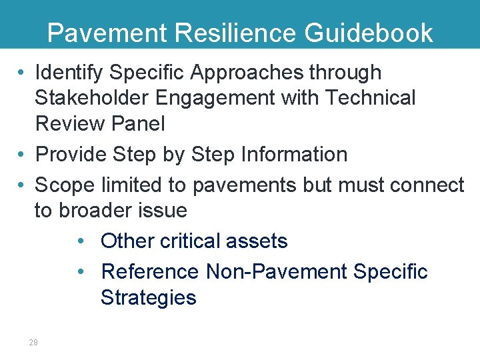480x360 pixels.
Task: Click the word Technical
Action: (370, 98)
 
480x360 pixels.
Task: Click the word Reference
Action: (149, 271)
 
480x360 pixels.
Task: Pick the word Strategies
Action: (148, 297)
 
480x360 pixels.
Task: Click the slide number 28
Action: (33, 342)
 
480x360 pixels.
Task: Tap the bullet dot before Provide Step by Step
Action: (22, 155)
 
